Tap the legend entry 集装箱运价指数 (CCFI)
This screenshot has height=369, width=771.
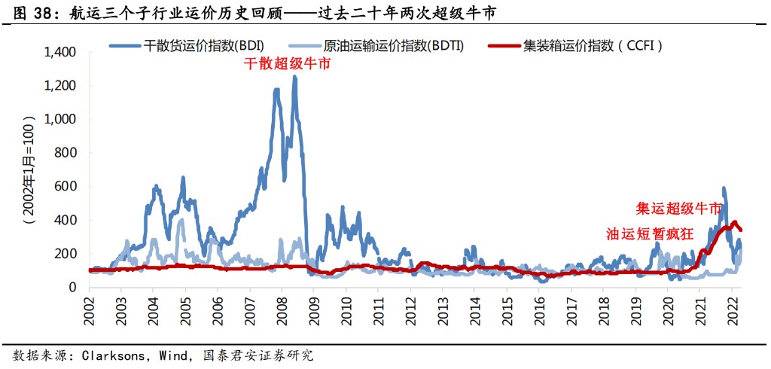click(593, 45)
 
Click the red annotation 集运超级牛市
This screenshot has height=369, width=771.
click(679, 209)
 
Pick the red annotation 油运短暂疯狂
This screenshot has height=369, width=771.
click(649, 233)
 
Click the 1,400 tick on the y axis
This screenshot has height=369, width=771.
click(61, 53)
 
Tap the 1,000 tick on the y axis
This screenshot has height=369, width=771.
click(61, 120)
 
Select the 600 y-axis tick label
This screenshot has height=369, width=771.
click(67, 187)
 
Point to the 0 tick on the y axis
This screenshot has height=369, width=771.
click(73, 288)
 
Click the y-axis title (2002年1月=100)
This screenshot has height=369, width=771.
click(29, 170)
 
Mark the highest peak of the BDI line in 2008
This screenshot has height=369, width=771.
click(294, 77)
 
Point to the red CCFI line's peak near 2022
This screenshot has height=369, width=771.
click(734, 222)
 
